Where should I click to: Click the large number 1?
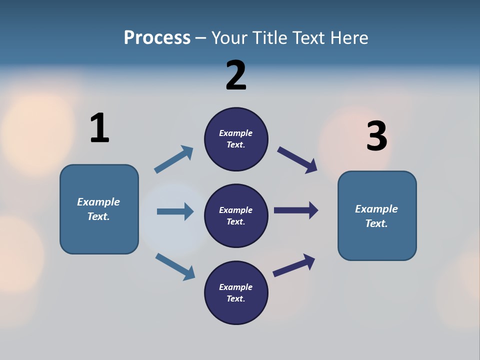click(99, 128)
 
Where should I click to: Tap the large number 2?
click(236, 75)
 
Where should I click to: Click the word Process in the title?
click(157, 37)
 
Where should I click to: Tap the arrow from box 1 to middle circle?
click(175, 211)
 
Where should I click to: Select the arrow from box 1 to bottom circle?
click(175, 266)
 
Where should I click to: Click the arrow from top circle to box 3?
click(297, 160)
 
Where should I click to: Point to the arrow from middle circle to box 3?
click(296, 210)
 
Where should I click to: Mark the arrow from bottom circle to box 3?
click(294, 265)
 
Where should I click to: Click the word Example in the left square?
click(98, 202)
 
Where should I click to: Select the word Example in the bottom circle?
click(235, 287)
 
